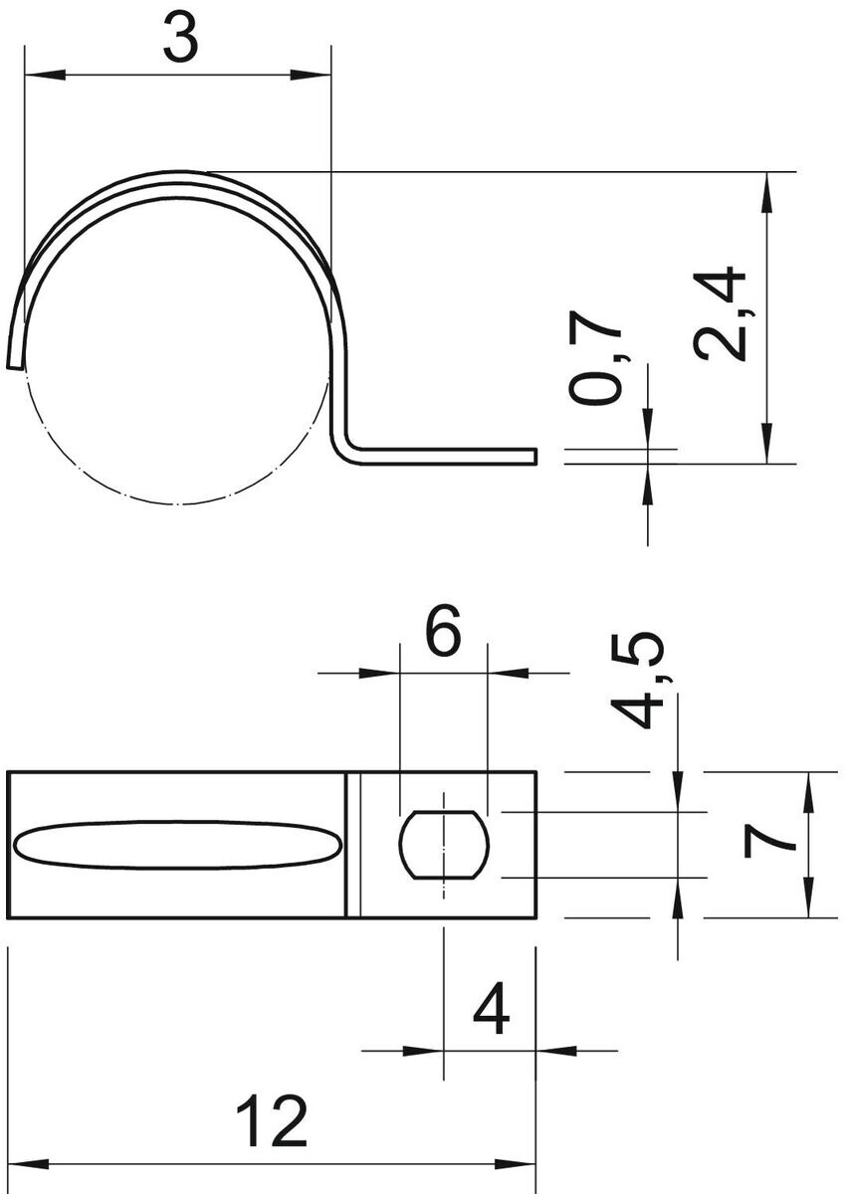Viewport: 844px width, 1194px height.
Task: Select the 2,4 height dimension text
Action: pos(720,314)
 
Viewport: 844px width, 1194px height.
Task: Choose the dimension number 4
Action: pos(491,1009)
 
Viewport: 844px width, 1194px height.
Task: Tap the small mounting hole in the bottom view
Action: pos(444,845)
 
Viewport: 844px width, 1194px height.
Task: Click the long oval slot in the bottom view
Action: pos(177,846)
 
